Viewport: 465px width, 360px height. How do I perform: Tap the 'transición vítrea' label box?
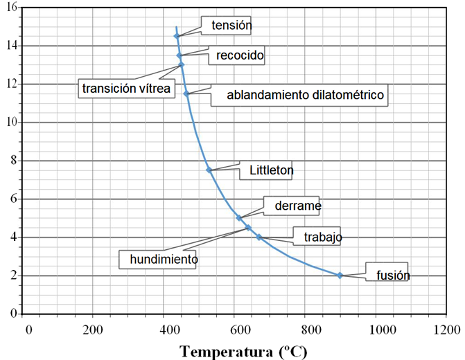click(x=126, y=89)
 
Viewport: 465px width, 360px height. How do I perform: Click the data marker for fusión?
click(x=340, y=276)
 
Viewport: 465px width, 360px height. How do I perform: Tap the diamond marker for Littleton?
click(x=209, y=170)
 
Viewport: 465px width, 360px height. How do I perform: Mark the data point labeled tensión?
click(x=177, y=36)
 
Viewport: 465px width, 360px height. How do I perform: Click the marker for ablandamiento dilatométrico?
click(x=186, y=93)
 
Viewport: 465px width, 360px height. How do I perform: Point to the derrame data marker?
click(x=239, y=218)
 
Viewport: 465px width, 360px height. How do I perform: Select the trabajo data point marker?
click(x=259, y=237)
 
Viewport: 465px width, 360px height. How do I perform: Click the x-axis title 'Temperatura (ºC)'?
click(x=243, y=352)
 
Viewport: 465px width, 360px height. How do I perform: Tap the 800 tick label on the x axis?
click(x=311, y=330)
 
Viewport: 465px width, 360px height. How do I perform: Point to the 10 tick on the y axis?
click(x=12, y=122)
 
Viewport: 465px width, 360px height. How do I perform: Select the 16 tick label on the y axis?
click(x=12, y=7)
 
